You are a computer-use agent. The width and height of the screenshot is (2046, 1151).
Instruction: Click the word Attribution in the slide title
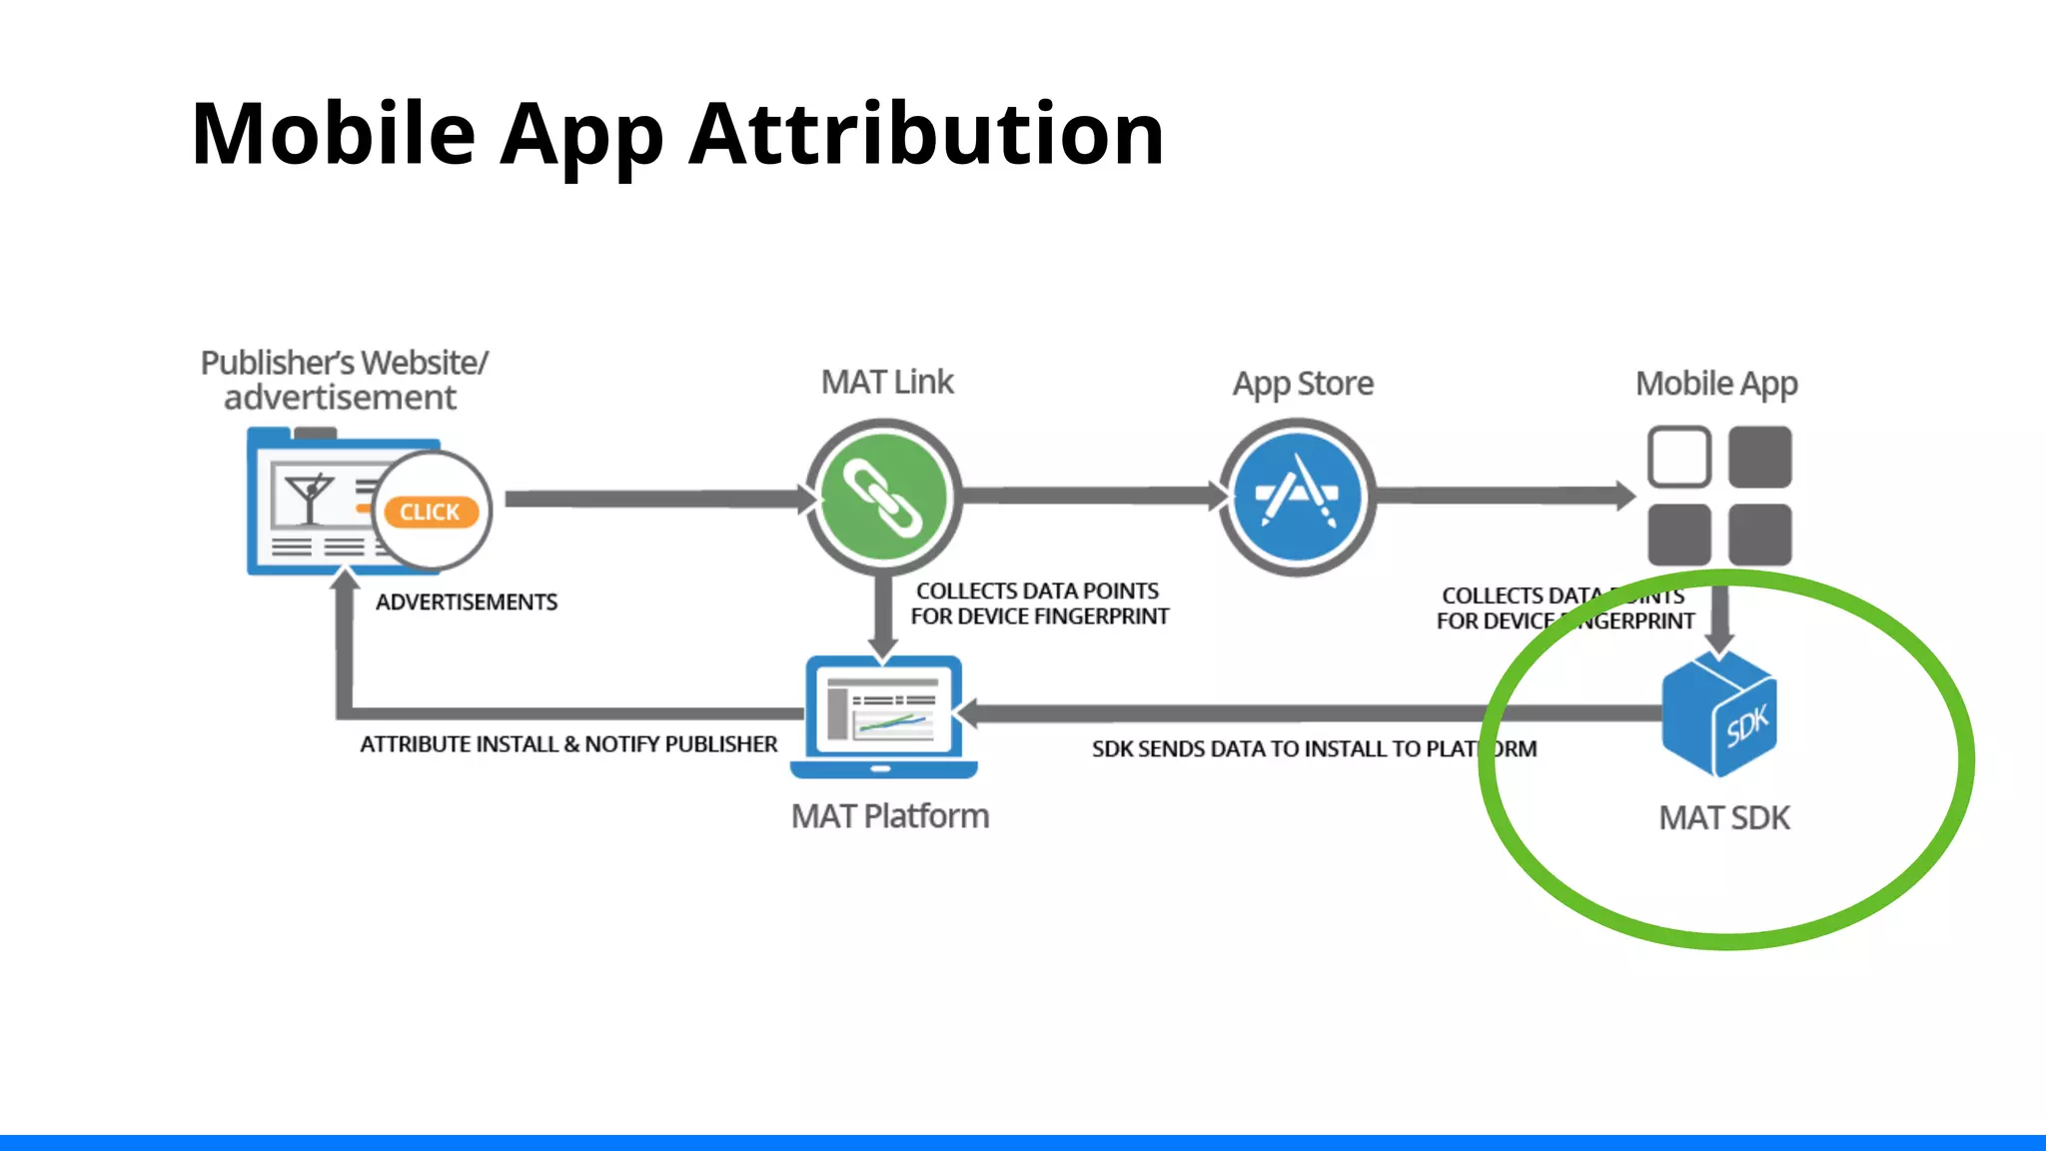926,134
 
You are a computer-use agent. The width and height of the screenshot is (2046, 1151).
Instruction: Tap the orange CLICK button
431,512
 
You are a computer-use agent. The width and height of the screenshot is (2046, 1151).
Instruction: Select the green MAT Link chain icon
883,497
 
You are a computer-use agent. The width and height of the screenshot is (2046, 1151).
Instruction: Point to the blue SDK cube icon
1719,715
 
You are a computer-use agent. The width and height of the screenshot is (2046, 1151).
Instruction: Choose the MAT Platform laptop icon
883,715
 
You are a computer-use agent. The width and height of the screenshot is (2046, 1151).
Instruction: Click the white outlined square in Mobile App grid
1678,458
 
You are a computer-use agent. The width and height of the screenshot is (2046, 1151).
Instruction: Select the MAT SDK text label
1723,818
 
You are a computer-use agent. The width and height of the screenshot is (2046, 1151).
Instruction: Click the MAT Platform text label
889,816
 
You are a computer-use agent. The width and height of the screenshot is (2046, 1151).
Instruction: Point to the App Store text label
1303,384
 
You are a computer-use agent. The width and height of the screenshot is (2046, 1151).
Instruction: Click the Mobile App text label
1716,384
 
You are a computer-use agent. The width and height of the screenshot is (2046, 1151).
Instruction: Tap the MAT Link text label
887,382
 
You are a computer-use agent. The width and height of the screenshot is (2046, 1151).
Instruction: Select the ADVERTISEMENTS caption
467,602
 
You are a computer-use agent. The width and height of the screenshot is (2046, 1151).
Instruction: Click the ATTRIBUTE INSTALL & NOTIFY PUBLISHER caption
568,744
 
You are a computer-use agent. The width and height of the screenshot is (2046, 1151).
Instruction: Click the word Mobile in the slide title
334,134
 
